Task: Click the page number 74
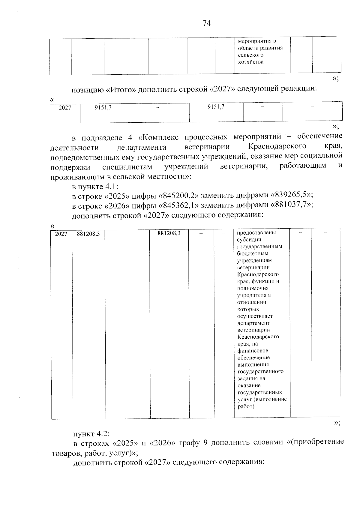[207, 23]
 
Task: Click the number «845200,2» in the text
[177, 196]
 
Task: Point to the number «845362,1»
[177, 205]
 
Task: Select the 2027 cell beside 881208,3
[61, 234]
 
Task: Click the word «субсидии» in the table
[249, 240]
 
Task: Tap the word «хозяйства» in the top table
[251, 62]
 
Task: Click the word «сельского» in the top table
[250, 55]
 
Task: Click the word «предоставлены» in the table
[256, 233]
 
